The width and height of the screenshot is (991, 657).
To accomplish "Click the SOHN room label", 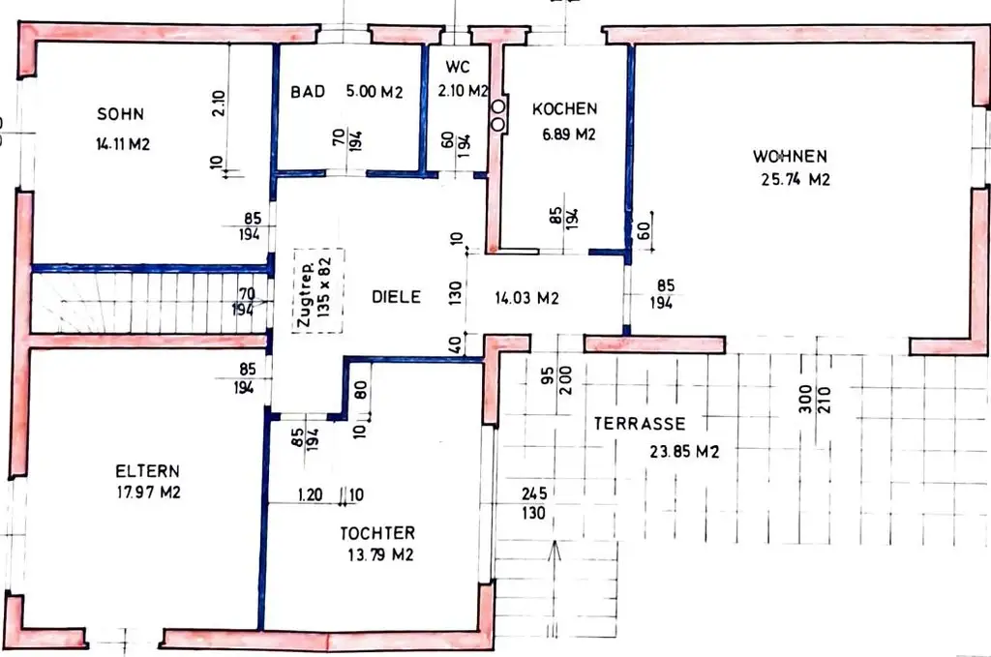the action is click(120, 114).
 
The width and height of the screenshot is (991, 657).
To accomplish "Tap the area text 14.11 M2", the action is click(123, 144).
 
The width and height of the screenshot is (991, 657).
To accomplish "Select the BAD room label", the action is click(308, 92).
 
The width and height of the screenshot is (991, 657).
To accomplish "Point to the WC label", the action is click(458, 67).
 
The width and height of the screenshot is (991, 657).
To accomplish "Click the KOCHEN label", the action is click(564, 108).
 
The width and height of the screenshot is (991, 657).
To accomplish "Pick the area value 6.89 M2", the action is click(569, 134).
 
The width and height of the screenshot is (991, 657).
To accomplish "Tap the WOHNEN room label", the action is click(790, 156).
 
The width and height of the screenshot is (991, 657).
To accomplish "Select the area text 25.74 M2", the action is click(796, 179).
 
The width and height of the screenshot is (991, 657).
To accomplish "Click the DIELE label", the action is click(396, 297).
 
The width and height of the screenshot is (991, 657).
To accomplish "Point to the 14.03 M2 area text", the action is click(526, 298).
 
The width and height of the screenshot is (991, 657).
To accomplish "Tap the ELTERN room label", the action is click(147, 470).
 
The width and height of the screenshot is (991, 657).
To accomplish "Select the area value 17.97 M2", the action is click(148, 492).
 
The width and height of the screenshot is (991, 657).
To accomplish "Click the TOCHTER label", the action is click(377, 533).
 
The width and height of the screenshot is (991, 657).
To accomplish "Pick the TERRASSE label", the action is click(640, 423).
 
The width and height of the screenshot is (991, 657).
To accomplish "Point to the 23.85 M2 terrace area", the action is click(684, 452).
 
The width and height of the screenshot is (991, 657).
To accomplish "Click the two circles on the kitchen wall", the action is click(498, 115).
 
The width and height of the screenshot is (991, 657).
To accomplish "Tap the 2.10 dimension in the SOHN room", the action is click(219, 103).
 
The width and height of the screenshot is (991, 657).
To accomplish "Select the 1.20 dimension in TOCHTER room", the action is click(311, 494).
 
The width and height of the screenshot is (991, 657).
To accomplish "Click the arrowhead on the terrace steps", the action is click(555, 551).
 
